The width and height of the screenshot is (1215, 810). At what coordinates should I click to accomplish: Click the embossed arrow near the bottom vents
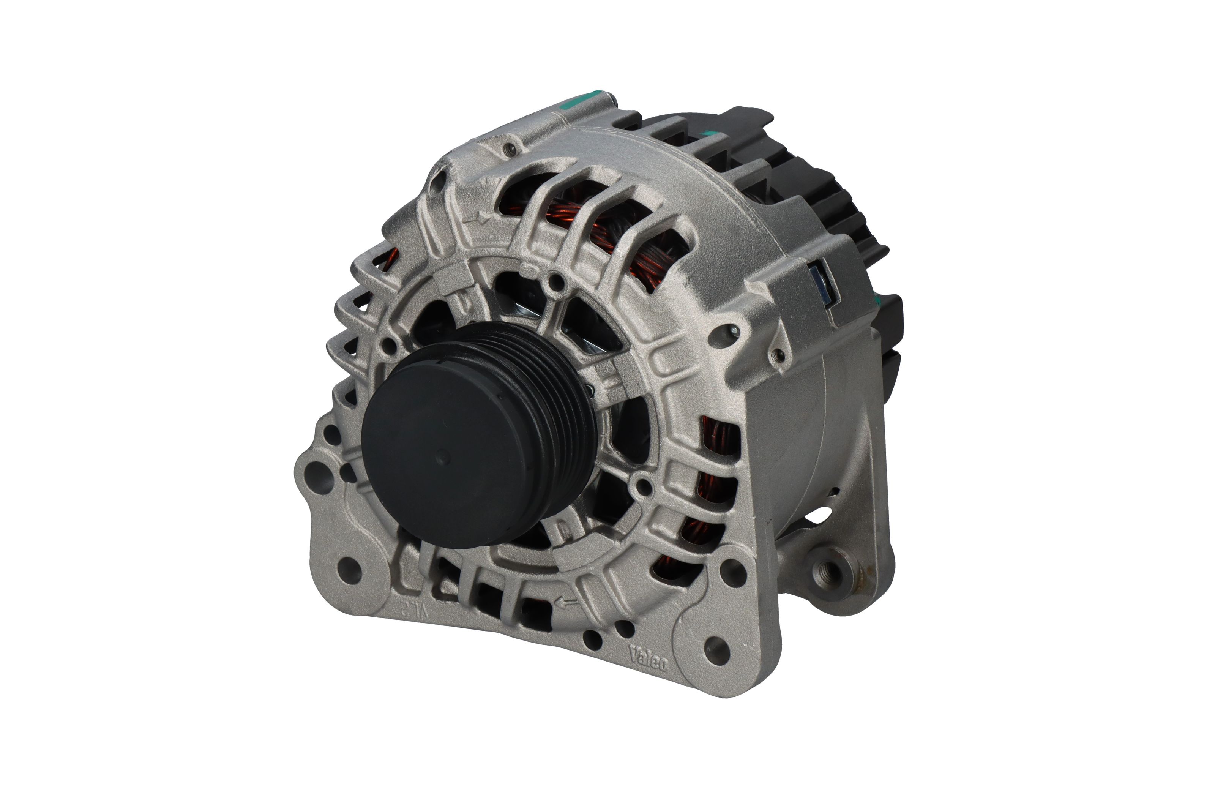click(566, 601)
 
